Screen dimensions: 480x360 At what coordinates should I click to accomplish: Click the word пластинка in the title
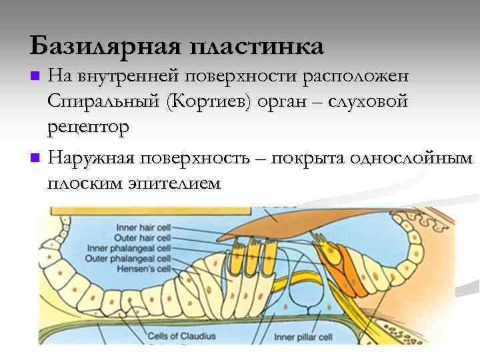click(x=257, y=47)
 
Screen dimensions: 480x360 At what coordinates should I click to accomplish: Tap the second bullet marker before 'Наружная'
click(x=36, y=159)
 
